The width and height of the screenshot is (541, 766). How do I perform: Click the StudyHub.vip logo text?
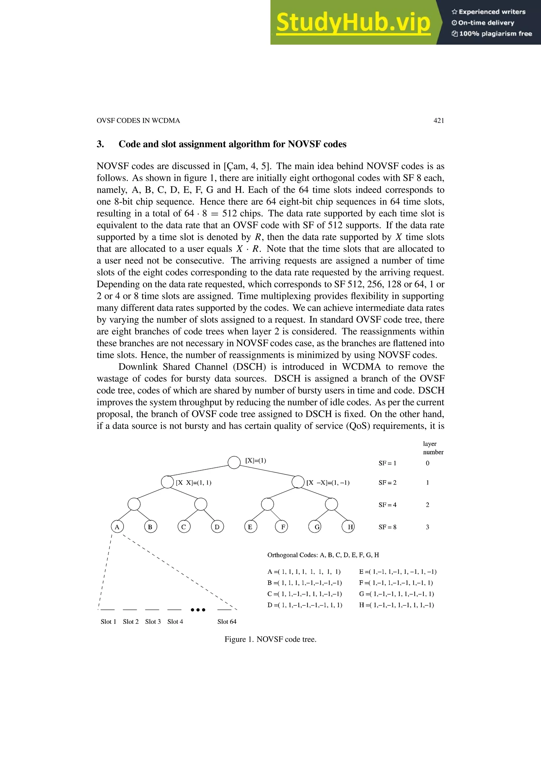[353, 22]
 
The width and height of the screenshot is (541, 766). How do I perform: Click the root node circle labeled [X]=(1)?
[234, 462]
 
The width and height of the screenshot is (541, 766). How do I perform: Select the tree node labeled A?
[117, 527]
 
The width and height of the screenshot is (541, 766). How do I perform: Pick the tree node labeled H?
[348, 527]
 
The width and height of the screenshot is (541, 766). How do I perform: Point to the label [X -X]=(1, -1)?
[328, 483]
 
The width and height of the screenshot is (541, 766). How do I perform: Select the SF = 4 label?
[387, 505]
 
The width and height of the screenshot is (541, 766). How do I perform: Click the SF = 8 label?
[387, 527]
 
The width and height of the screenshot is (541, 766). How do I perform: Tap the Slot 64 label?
[227, 621]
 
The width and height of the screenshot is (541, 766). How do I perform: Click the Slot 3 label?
[153, 621]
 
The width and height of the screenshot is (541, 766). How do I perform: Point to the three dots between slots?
[198, 610]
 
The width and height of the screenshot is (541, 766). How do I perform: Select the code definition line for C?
[304, 594]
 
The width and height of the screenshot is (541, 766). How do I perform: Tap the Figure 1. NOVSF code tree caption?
[270, 639]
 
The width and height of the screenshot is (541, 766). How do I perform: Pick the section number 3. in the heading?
[100, 144]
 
